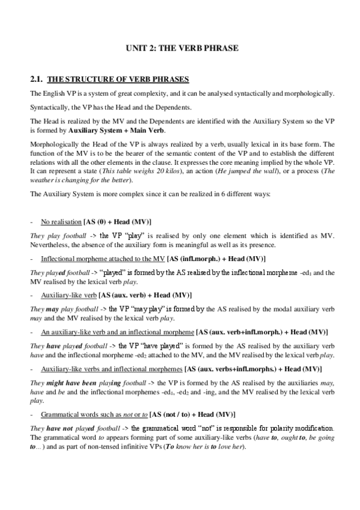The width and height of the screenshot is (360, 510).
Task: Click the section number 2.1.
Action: (37, 79)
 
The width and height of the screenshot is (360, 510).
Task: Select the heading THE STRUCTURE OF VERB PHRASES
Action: (118, 79)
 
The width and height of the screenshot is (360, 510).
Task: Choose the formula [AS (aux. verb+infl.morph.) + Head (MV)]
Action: (262, 332)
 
